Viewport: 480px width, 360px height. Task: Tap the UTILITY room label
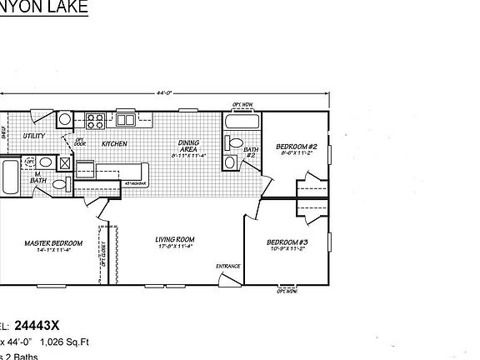click(x=34, y=135)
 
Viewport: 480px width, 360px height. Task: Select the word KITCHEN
click(x=114, y=143)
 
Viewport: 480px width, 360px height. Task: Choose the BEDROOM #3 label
click(x=286, y=245)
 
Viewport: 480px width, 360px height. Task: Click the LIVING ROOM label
click(x=174, y=242)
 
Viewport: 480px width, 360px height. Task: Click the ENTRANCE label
click(x=228, y=267)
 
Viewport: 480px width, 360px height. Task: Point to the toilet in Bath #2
click(x=231, y=160)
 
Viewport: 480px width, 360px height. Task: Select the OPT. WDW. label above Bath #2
click(x=242, y=105)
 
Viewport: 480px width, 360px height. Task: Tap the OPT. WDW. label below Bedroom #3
click(x=288, y=292)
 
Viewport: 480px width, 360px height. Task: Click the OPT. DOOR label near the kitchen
click(x=81, y=142)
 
